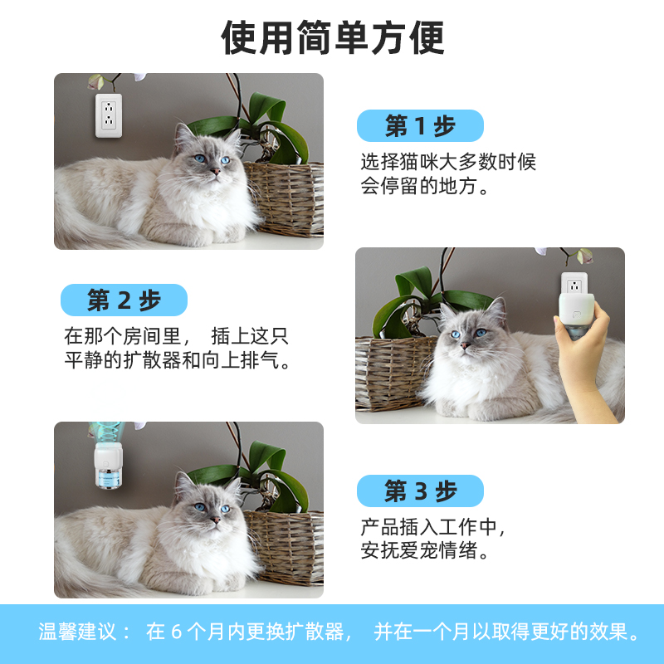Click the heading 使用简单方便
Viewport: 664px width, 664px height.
(332, 37)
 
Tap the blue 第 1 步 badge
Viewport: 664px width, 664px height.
(420, 126)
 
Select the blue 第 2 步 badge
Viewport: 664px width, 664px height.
(124, 300)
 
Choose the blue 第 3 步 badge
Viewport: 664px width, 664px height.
(420, 491)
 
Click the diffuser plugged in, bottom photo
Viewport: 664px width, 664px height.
(106, 465)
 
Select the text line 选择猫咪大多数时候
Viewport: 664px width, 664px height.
(448, 162)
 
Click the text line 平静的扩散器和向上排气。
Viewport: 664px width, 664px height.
(178, 361)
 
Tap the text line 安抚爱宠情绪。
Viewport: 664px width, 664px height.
(425, 550)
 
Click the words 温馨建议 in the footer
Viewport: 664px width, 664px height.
(79, 632)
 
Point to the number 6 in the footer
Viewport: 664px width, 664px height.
(175, 632)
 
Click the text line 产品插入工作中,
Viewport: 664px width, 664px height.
(433, 527)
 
